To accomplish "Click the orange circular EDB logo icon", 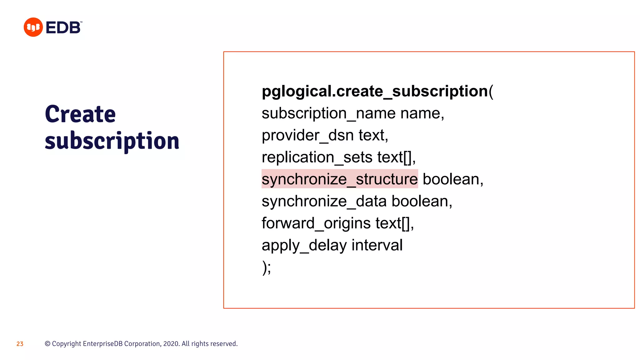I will point(33,27).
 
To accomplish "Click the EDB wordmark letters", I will point(63,27).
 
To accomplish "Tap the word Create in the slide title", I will point(80,114).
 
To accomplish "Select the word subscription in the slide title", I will point(112,141).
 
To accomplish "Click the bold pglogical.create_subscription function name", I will point(375,91).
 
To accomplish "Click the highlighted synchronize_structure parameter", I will point(339,179).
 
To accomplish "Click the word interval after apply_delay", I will point(377,245).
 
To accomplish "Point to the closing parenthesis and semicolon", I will point(267,268).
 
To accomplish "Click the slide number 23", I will point(20,344).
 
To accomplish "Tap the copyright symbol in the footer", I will point(47,344).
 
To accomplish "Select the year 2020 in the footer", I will point(171,344).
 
